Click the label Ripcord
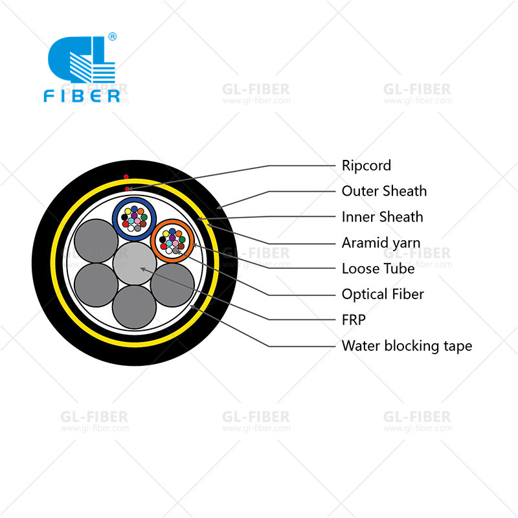pyautogui.click(x=366, y=166)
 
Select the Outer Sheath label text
pyautogui.click(x=384, y=191)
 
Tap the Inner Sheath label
pyautogui.click(x=382, y=217)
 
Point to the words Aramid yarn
pyautogui.click(x=381, y=243)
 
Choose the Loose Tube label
pyautogui.click(x=378, y=269)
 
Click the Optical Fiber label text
pyautogui.click(x=383, y=295)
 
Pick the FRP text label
pyautogui.click(x=354, y=320)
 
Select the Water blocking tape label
pyautogui.click(x=407, y=346)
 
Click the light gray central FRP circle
pyautogui.click(x=135, y=264)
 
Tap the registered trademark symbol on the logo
pyautogui.click(x=112, y=36)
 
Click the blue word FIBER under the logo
pyautogui.click(x=82, y=96)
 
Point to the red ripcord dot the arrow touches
pyautogui.click(x=127, y=189)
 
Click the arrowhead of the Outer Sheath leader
pyautogui.click(x=219, y=207)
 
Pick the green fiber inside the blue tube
pyautogui.click(x=144, y=218)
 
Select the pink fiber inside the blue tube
pyautogui.click(x=137, y=221)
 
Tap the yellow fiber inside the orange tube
pyautogui.click(x=166, y=234)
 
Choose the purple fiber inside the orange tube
pyautogui.click(x=172, y=238)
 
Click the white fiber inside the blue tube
pyautogui.click(x=131, y=228)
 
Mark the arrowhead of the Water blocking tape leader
pyautogui.click(x=192, y=307)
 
